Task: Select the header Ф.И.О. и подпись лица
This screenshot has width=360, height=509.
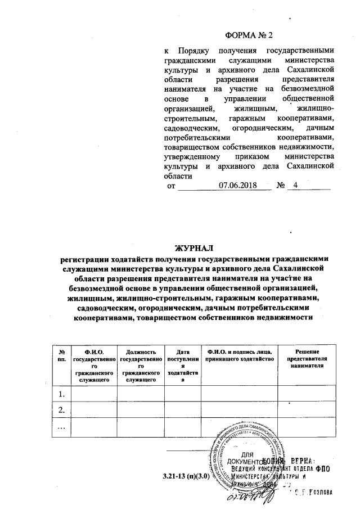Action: coord(240,355)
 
